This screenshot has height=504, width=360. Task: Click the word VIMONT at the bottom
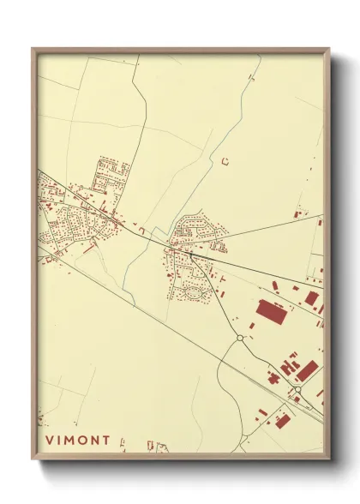coord(78,441)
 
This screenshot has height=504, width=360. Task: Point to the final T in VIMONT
coord(106,441)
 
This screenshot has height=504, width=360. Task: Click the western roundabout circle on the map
coord(241,339)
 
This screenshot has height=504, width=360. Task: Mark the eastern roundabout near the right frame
coord(297,390)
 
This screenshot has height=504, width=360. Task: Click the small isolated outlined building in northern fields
coord(225,160)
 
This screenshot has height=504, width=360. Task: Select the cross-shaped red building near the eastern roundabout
coord(273,376)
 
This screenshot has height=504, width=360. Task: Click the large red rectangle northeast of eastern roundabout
coord(308,370)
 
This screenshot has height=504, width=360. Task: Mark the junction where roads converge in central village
coord(191,254)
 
